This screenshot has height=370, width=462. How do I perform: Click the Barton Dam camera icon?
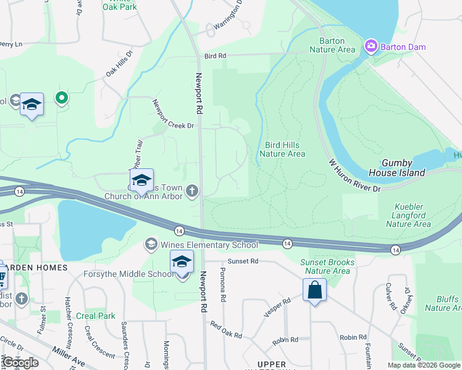point(371,46)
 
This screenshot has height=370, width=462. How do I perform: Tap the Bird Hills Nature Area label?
point(282,149)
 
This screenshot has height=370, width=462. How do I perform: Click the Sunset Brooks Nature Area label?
point(327,266)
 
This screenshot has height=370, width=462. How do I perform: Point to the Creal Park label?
point(96,316)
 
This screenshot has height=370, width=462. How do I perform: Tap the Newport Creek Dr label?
point(173,114)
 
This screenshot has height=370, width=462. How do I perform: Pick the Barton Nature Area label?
point(332,45)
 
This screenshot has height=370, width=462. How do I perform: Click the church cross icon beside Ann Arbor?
point(192,191)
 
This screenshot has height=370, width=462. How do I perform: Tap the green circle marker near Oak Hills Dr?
point(61,97)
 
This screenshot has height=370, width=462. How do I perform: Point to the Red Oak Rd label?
point(226,330)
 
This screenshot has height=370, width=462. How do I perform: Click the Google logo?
point(20,363)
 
